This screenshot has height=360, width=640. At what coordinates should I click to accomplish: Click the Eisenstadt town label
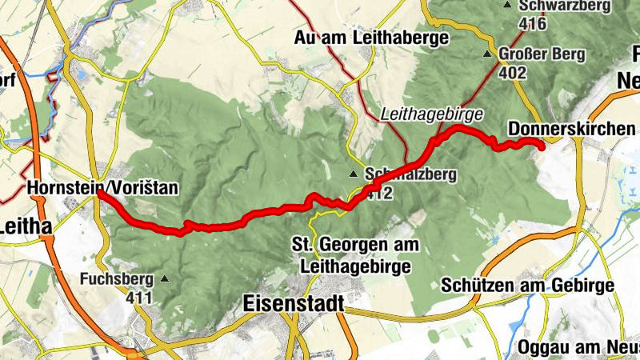coord(292,303)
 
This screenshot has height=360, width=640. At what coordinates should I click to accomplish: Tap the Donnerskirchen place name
coord(571,129)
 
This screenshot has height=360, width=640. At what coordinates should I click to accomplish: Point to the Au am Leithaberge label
coord(372,38)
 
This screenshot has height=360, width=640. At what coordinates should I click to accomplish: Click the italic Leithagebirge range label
coord(420,114)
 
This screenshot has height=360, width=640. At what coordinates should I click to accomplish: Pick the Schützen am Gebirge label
coord(527,286)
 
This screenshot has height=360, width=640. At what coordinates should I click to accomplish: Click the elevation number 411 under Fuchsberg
coord(138,298)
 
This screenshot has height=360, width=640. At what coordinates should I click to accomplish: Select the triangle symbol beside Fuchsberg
coord(165,279)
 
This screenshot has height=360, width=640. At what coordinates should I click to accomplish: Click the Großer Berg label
coord(542,55)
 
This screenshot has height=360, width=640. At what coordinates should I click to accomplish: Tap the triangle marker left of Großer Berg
coord(487,55)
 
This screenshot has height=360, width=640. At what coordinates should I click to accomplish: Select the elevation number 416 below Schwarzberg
coord(531,24)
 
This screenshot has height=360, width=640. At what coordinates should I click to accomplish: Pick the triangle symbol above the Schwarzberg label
coord(507,6)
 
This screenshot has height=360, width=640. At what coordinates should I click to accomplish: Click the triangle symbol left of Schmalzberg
coord(354,174)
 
